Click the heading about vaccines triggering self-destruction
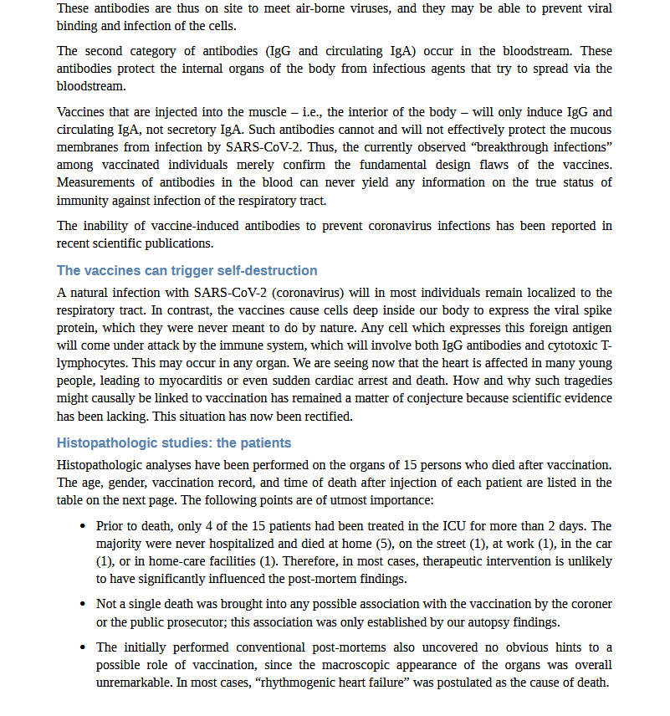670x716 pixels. (187, 271)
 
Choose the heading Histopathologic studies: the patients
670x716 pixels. (174, 442)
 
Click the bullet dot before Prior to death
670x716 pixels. (82, 527)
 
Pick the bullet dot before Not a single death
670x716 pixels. (82, 605)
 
